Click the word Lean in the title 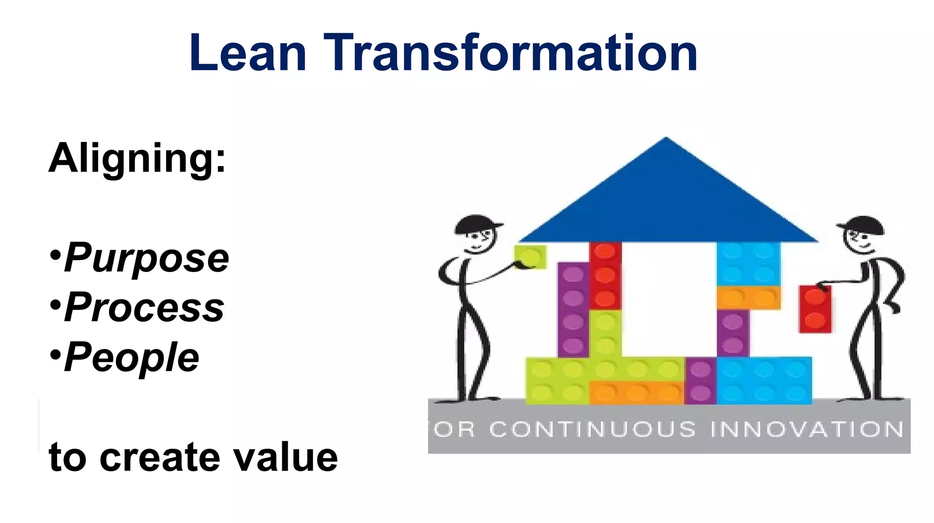tap(247, 53)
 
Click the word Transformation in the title tap(511, 53)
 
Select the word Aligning tap(137, 158)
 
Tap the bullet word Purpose tap(146, 258)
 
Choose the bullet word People tap(132, 357)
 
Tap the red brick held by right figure tap(815, 309)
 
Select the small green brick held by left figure tap(530, 257)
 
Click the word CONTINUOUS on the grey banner tap(593, 429)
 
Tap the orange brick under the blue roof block tap(748, 298)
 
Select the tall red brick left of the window tap(605, 276)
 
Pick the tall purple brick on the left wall tap(573, 309)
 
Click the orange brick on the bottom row tap(636, 392)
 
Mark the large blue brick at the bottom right tap(764, 381)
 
